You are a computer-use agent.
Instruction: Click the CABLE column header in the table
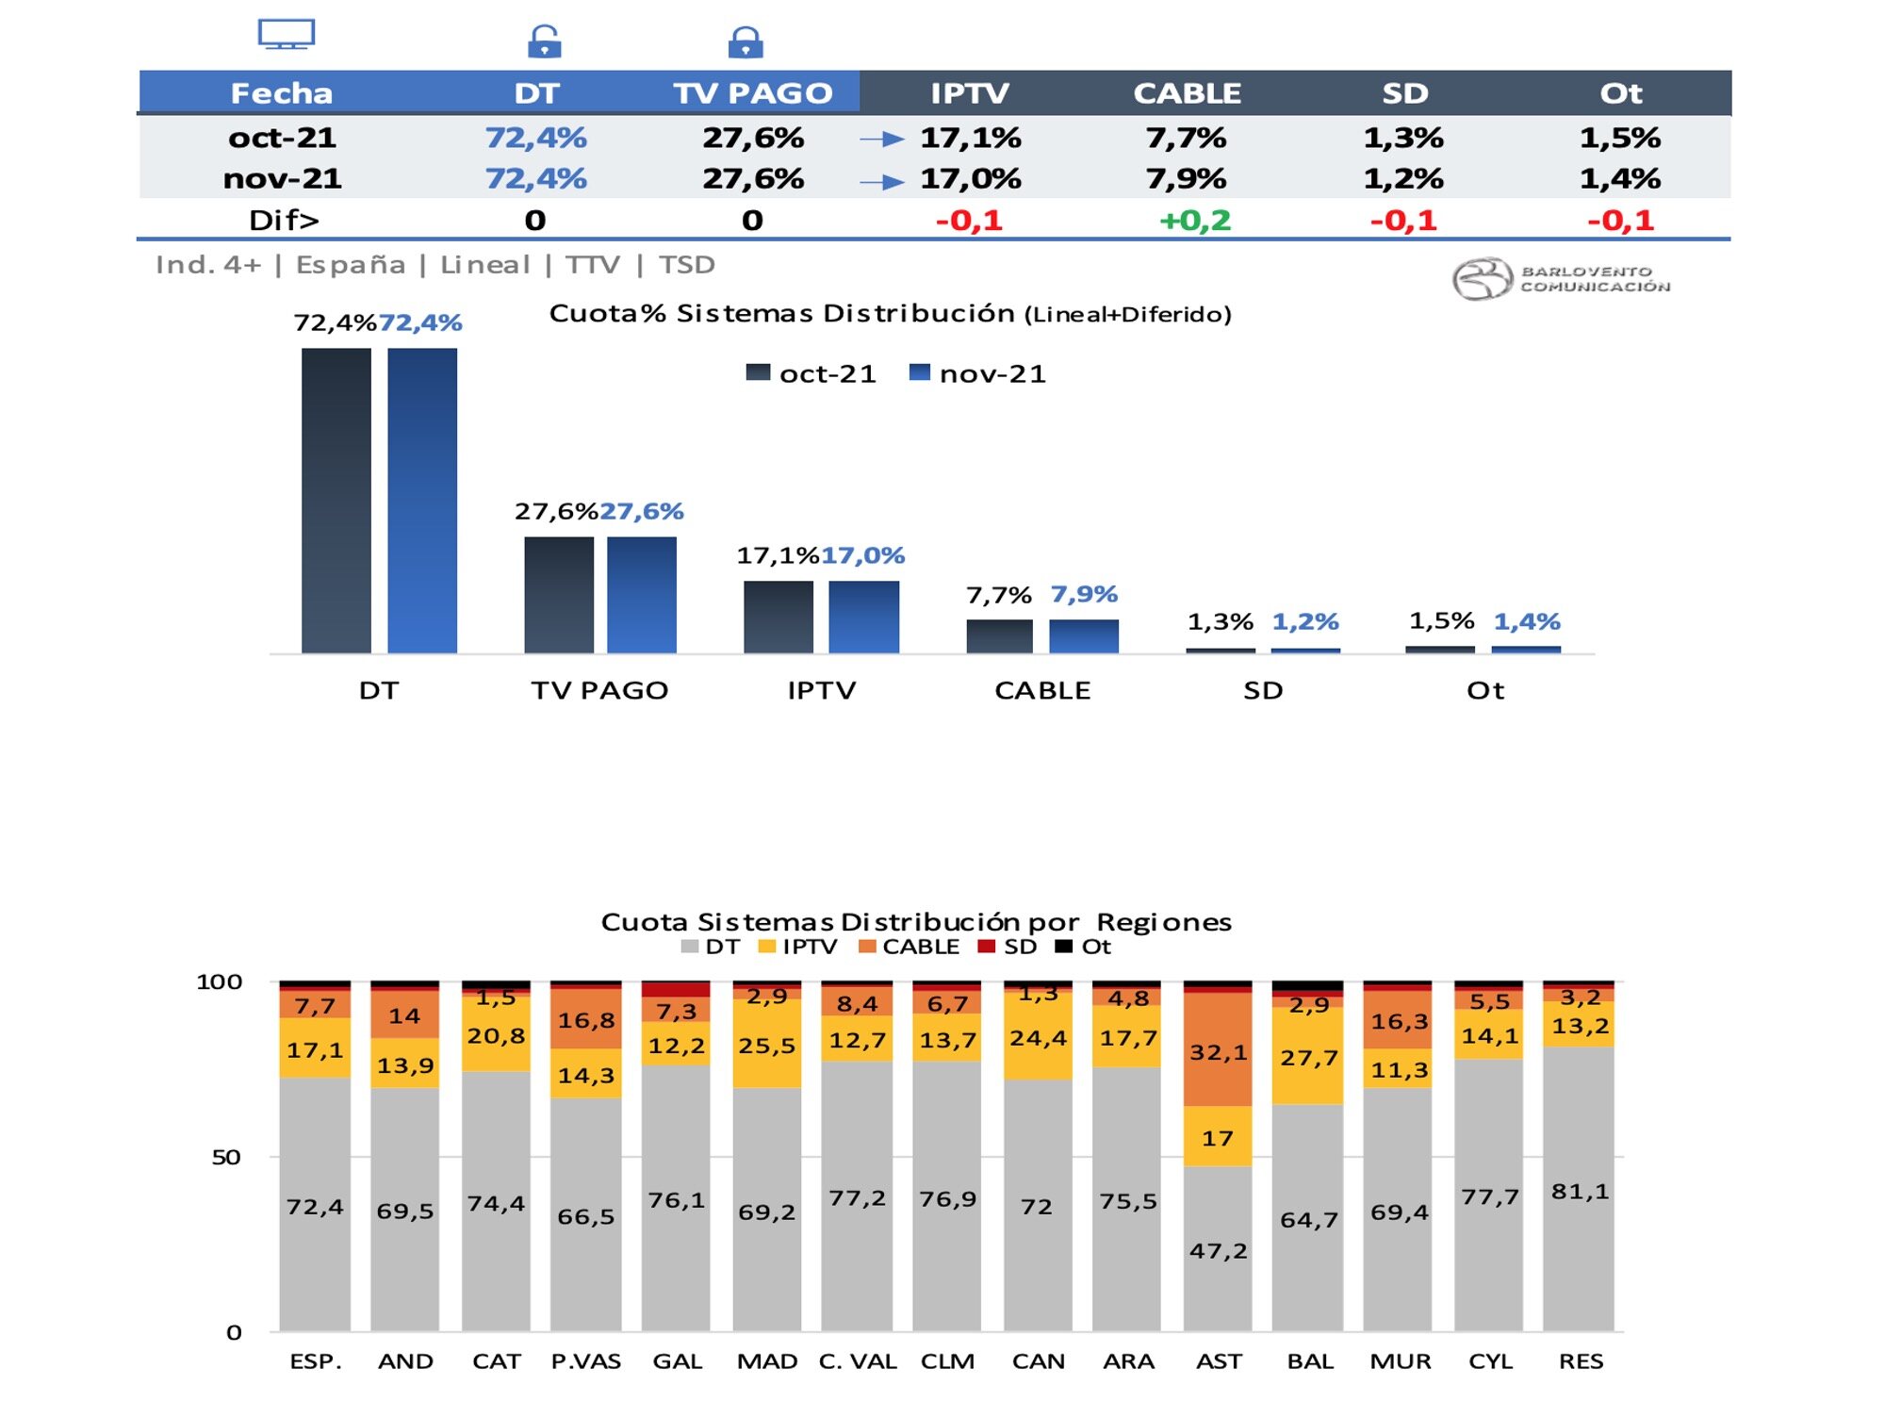(1186, 93)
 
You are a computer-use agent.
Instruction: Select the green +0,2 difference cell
(1194, 221)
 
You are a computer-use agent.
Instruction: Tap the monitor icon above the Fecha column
(287, 35)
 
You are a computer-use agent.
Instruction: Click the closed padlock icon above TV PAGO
(746, 42)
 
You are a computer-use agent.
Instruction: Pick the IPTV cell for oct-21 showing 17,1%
(970, 139)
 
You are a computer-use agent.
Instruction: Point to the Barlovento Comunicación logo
(1560, 279)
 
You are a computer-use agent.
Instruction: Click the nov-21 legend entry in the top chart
(977, 373)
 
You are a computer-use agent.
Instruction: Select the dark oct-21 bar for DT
(336, 500)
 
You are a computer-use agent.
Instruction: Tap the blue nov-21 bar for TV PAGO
(641, 594)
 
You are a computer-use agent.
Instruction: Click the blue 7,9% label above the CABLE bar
(1084, 595)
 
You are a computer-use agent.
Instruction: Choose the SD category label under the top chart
(1263, 690)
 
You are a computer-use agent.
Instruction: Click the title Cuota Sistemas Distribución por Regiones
(916, 921)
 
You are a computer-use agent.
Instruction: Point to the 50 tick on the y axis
(226, 1157)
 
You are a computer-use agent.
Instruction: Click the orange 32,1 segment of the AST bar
(1218, 1051)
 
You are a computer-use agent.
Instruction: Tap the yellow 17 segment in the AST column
(1218, 1137)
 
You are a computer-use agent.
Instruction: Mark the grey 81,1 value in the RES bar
(1580, 1192)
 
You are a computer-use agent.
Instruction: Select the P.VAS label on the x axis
(585, 1361)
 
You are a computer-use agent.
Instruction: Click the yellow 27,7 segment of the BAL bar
(1308, 1057)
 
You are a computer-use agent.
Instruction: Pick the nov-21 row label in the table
(282, 179)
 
